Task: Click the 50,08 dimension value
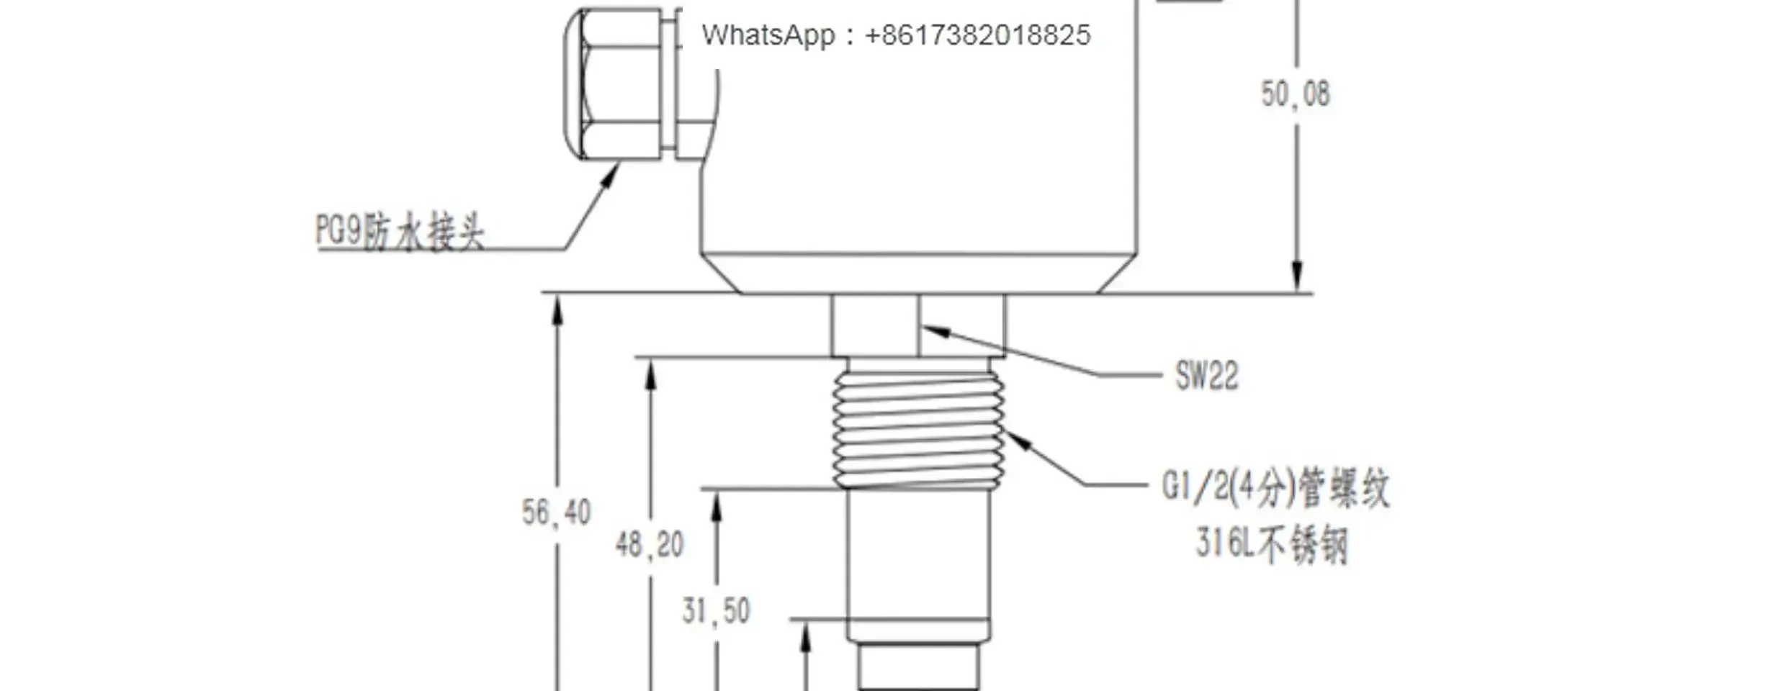[x=1295, y=94]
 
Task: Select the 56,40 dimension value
[x=556, y=512]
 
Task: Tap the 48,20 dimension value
[x=649, y=545]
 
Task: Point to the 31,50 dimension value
[x=716, y=611]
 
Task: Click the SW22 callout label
[x=1207, y=376]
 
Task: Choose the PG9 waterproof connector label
[x=400, y=232]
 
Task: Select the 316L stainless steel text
[x=1272, y=545]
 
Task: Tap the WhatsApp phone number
[x=978, y=35]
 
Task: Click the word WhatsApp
[x=769, y=35]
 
